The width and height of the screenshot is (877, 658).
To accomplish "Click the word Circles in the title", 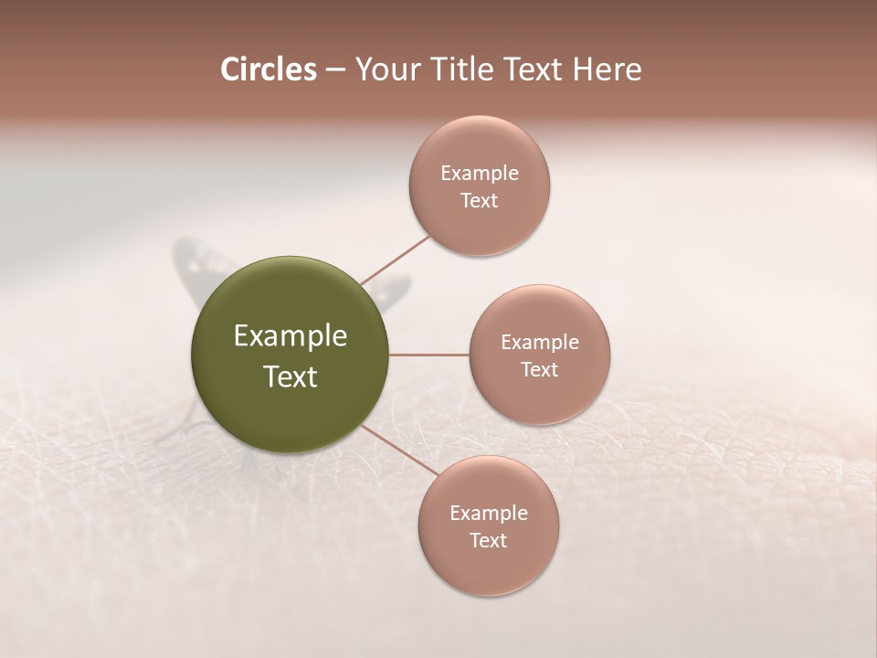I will point(268,69).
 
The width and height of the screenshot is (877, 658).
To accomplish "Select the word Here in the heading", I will point(608,69).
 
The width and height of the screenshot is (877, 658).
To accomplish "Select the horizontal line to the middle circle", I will point(428,355).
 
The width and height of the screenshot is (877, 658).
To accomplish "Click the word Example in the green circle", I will point(291,336).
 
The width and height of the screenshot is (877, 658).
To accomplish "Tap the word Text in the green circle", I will point(291,377).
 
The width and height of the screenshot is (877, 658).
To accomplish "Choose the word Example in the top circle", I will point(480,173).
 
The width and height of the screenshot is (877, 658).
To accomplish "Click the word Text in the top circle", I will point(480,200).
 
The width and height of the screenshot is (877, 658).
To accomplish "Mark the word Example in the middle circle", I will point(540,342).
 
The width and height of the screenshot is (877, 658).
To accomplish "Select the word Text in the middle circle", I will point(540,369).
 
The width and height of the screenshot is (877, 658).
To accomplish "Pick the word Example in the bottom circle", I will point(489,513).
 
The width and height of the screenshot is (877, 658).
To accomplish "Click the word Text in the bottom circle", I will point(489,540).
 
